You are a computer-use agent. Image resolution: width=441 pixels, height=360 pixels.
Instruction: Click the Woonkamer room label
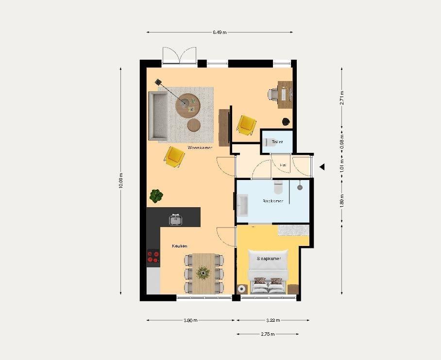200,147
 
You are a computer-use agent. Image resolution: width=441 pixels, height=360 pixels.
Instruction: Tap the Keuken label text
179,246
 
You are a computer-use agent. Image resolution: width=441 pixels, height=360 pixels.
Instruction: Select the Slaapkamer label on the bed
269,259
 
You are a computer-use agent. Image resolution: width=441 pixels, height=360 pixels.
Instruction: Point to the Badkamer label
273,201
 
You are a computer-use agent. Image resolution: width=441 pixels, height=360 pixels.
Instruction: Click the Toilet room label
277,142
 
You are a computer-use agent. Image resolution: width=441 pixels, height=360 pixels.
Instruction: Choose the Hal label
283,165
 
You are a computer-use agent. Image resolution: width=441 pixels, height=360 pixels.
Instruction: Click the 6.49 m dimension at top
220,33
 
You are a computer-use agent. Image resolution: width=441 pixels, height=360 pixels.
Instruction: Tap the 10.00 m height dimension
120,181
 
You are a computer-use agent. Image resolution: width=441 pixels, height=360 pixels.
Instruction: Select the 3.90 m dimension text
190,320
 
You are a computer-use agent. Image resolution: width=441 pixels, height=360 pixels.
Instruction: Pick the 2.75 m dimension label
268,334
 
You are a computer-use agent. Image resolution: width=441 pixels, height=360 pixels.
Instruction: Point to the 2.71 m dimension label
342,98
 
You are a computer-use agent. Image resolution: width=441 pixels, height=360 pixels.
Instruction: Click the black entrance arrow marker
322,167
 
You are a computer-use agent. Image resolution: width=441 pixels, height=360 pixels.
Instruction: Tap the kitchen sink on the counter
175,219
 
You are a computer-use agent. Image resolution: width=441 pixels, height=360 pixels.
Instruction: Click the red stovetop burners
153,256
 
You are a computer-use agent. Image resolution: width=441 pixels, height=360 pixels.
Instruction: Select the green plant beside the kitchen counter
156,196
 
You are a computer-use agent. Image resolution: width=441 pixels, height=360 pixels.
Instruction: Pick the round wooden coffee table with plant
187,105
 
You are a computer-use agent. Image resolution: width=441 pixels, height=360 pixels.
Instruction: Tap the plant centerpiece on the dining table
203,273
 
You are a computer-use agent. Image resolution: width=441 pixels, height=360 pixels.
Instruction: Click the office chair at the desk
273,93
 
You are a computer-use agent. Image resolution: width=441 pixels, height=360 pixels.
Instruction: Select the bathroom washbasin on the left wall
242,205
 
